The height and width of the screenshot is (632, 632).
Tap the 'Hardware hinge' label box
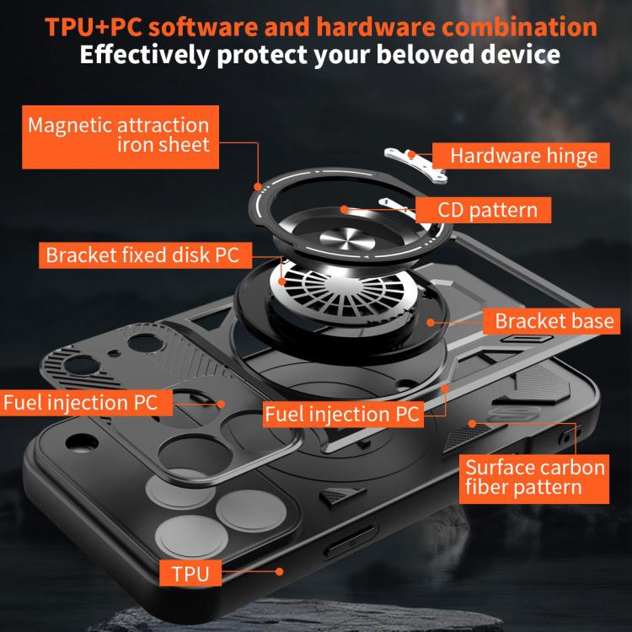[x=522, y=155]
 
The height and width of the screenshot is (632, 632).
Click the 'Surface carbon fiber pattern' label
[x=536, y=477]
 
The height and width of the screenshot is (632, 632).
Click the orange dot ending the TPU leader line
[x=280, y=573]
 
